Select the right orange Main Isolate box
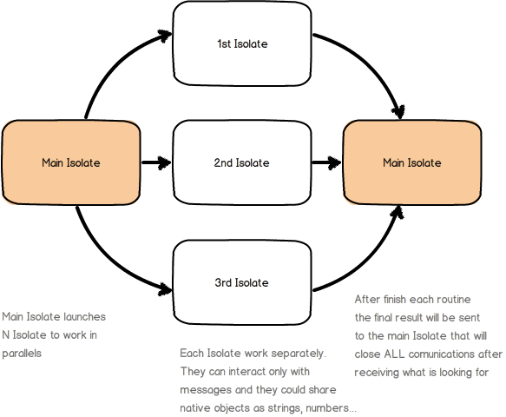pyautogui.click(x=412, y=162)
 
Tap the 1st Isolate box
pyautogui.click(x=242, y=43)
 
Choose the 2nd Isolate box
pyautogui.click(x=242, y=162)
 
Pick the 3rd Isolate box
pyautogui.click(x=242, y=282)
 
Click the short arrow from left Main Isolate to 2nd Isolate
pyautogui.click(x=156, y=162)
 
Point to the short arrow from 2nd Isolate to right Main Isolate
pyautogui.click(x=326, y=162)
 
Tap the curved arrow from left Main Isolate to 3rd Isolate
pyautogui.click(x=108, y=256)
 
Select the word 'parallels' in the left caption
pyautogui.click(x=22, y=354)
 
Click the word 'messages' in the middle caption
pyautogui.click(x=202, y=390)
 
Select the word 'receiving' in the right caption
pyautogui.click(x=378, y=372)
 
